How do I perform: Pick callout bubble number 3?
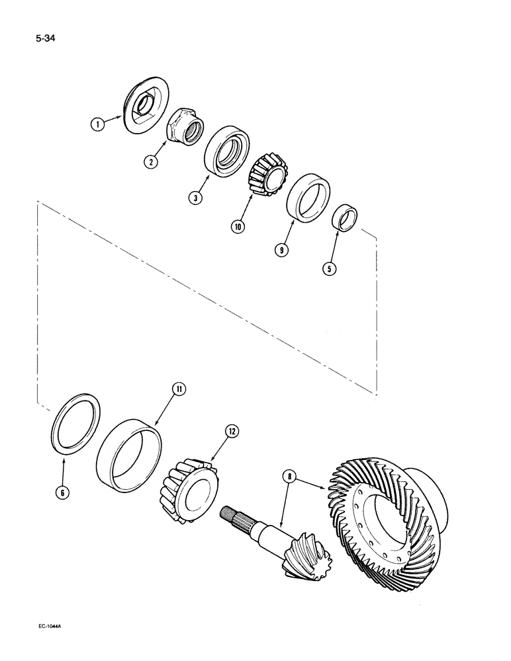pyautogui.click(x=195, y=197)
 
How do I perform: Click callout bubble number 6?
pyautogui.click(x=63, y=492)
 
